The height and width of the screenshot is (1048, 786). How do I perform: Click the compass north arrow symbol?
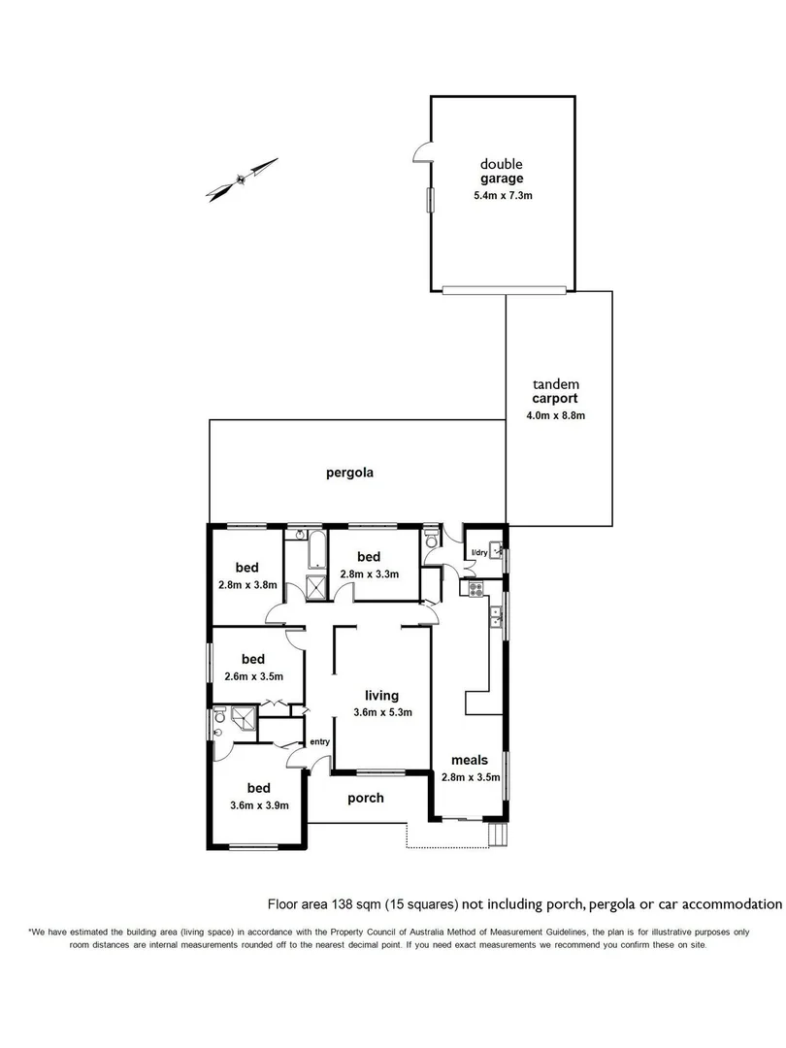coord(242,179)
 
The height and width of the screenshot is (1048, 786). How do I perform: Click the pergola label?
coord(349,474)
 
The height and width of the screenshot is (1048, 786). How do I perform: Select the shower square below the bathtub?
coord(316,588)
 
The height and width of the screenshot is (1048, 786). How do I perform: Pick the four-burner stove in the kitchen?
coord(475,587)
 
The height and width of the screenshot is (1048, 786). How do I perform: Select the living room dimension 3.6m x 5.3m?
coord(382,712)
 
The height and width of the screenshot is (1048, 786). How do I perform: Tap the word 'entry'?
coord(319,742)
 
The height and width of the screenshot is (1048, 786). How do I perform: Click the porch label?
coord(365,798)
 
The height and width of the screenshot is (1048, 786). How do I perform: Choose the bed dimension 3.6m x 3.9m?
coord(258,804)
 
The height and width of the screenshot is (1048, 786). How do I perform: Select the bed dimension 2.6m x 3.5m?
coord(253,676)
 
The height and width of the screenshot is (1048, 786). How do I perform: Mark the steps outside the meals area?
coord(497,835)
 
